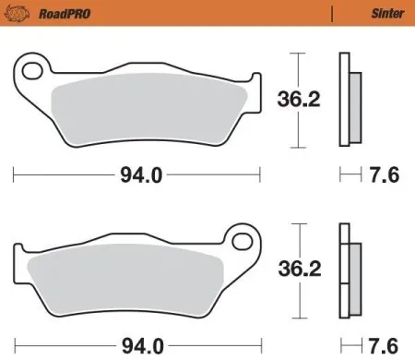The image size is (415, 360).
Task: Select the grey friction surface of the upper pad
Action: (148, 104)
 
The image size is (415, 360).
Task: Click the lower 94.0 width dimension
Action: (139, 346)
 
